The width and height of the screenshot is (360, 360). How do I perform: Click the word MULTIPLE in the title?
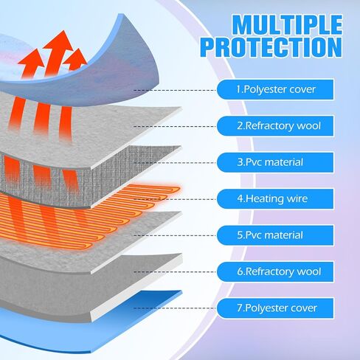point(287,25)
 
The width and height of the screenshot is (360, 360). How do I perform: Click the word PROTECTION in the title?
point(271,47)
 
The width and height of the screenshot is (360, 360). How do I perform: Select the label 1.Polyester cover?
point(275,89)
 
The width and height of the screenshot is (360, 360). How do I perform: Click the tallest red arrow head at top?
point(58,42)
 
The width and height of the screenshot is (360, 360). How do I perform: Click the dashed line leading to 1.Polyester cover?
point(175,90)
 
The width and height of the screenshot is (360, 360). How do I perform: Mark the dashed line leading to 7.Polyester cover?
point(175,308)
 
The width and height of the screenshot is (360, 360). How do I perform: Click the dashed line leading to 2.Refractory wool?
point(175,126)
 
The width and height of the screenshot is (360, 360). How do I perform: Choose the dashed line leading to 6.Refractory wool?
point(175,272)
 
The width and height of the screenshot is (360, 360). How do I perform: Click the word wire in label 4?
point(297,198)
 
